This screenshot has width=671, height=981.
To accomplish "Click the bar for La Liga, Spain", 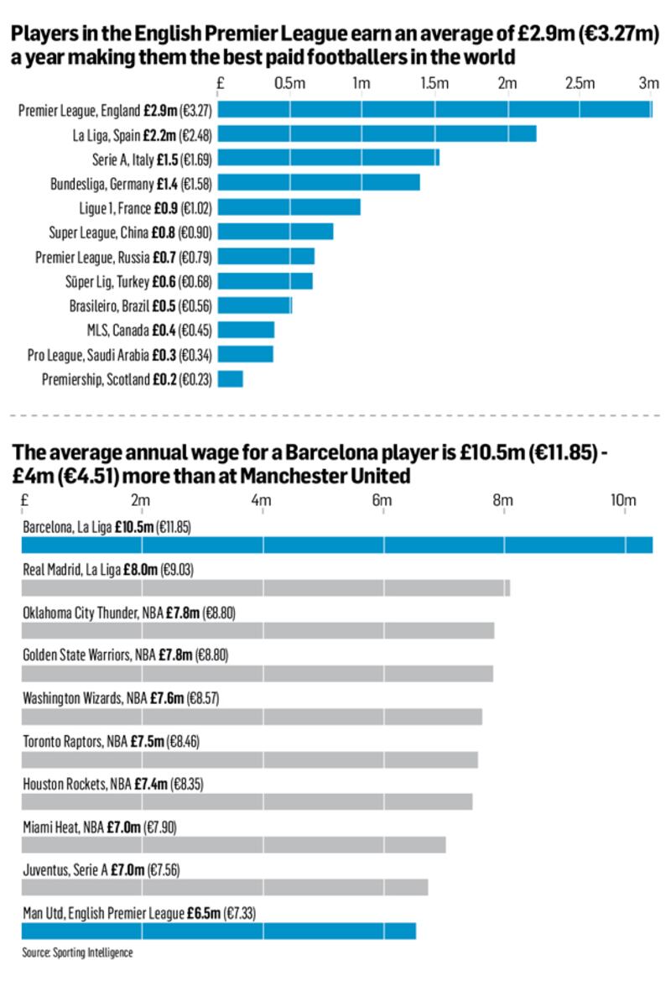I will [x=377, y=134].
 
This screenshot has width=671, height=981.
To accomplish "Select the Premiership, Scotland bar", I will [x=231, y=379].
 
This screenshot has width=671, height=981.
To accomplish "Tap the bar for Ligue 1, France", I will [x=289, y=207].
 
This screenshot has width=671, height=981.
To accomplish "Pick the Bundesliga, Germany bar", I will [x=319, y=182].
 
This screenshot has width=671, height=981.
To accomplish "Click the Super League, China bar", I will [x=276, y=232].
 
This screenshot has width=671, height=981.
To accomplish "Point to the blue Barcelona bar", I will [x=336, y=545].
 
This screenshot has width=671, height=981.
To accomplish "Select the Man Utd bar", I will [x=218, y=931].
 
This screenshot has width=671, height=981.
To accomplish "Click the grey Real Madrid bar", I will [x=265, y=587].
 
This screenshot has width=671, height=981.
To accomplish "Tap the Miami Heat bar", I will [x=233, y=844].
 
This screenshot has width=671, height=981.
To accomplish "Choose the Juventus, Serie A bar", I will [x=224, y=887].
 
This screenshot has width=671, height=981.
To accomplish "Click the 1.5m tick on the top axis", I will [x=434, y=84].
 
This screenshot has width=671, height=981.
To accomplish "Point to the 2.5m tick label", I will [x=580, y=84].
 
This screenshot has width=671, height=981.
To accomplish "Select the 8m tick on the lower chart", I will [x=502, y=500].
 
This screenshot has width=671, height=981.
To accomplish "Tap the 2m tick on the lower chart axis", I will [x=141, y=500].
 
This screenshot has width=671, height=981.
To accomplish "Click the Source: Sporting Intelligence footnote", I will [x=77, y=952].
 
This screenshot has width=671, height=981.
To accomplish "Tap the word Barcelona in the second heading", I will [x=328, y=454].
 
